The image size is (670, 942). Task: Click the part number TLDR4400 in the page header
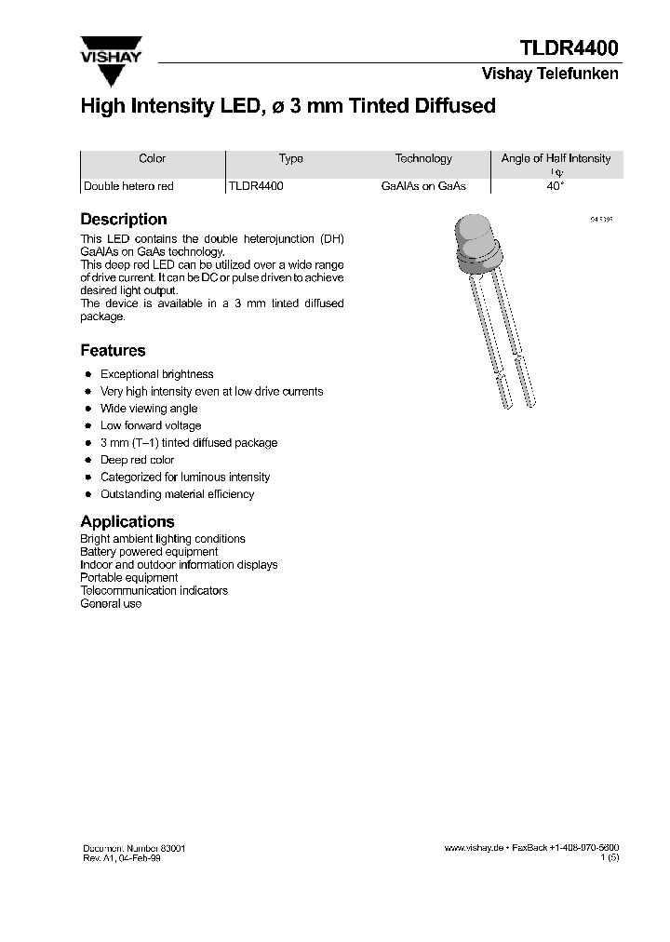click(x=568, y=48)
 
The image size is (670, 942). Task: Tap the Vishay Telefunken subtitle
click(x=549, y=74)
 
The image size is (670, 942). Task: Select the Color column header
click(x=152, y=159)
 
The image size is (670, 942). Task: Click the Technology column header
click(x=423, y=159)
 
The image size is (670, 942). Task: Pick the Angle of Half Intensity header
click(x=556, y=159)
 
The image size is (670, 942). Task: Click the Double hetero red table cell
click(x=128, y=186)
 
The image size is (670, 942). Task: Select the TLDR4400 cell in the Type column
click(x=256, y=186)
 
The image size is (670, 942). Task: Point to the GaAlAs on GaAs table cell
click(x=423, y=186)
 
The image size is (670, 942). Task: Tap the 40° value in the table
click(x=555, y=186)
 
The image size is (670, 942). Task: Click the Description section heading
click(x=124, y=220)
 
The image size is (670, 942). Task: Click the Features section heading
click(x=113, y=351)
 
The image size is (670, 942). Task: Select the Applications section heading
click(x=127, y=522)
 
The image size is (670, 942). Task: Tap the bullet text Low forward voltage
click(x=151, y=425)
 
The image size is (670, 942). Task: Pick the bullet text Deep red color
click(x=137, y=460)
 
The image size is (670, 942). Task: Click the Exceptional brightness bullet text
click(x=156, y=374)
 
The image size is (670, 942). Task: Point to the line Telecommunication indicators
click(x=154, y=590)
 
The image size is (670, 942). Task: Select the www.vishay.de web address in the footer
click(x=474, y=849)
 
